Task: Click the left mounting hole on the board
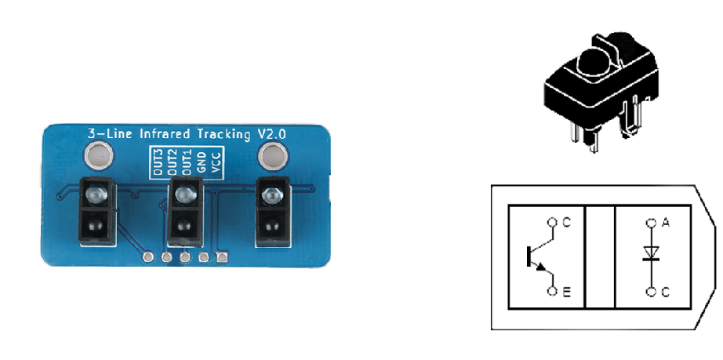click(x=97, y=155)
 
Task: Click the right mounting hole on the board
click(x=273, y=155)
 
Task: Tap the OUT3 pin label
click(x=158, y=162)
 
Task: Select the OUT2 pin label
click(x=173, y=162)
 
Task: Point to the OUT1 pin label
click(x=187, y=162)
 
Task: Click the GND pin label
click(x=201, y=162)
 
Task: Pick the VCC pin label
click(x=216, y=162)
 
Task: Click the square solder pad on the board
click(x=222, y=257)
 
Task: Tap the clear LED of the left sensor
click(x=96, y=195)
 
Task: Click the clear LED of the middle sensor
click(x=185, y=194)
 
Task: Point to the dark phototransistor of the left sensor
click(x=96, y=225)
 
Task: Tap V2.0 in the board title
click(x=271, y=133)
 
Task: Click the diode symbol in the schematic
click(x=651, y=253)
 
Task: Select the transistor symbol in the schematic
click(x=540, y=256)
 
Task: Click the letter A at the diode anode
click(x=665, y=223)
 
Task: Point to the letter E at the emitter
click(x=567, y=292)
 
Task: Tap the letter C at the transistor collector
click(x=567, y=223)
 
